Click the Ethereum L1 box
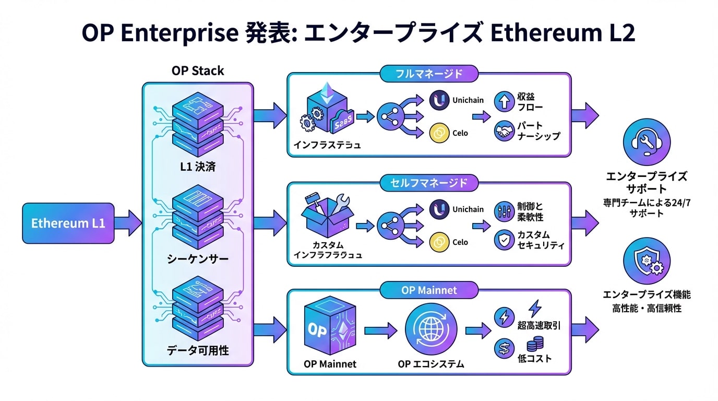(x=68, y=223)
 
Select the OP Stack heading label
(x=198, y=71)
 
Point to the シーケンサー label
(x=198, y=259)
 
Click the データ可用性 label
(x=198, y=350)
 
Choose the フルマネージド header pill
(x=429, y=74)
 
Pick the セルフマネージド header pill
(x=429, y=183)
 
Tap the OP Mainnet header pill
(x=429, y=290)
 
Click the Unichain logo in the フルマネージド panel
(x=439, y=101)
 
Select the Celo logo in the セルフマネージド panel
(x=439, y=242)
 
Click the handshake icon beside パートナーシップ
(x=505, y=131)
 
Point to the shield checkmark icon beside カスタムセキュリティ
(x=505, y=240)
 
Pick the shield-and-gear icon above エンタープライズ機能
(x=647, y=261)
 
